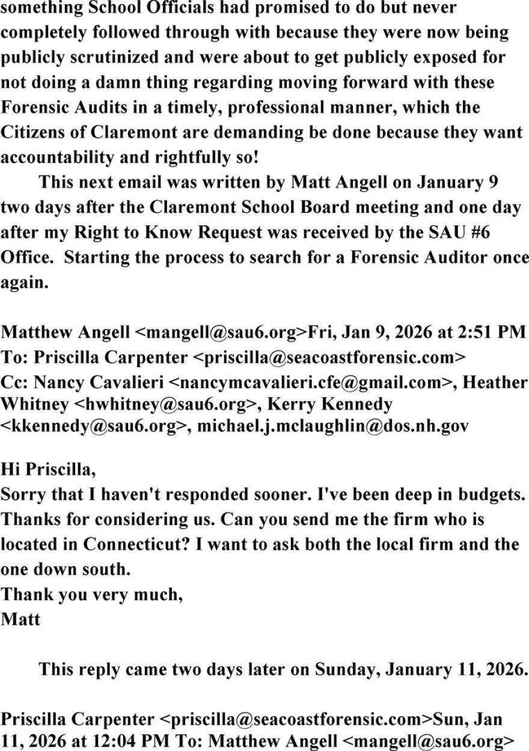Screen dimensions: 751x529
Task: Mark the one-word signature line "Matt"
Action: click(x=20, y=619)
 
